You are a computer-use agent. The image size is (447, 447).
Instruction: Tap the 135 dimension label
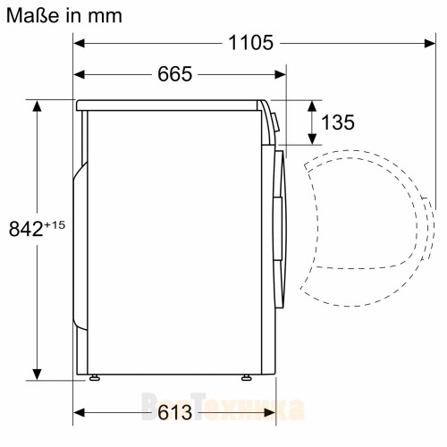[x=337, y=122]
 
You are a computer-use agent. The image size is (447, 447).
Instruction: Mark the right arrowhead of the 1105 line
[x=420, y=42]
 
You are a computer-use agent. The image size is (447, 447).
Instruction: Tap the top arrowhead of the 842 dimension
[x=38, y=105]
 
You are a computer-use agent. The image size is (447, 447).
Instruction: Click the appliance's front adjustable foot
[x=244, y=378]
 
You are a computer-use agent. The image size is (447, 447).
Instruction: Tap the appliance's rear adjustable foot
[x=93, y=378]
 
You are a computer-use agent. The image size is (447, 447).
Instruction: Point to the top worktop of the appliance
[x=170, y=104]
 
